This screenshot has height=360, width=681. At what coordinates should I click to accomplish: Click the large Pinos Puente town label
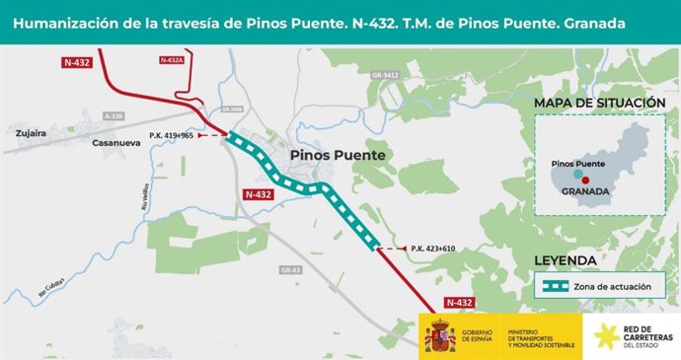tap(338, 156)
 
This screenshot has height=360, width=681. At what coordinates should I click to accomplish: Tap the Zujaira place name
tap(33, 129)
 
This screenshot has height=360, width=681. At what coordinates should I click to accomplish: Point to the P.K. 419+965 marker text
tap(172, 135)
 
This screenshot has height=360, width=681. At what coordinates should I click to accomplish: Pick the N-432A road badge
tap(172, 60)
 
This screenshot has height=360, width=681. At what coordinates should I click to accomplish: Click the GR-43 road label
tap(290, 269)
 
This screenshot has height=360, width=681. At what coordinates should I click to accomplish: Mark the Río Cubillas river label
tap(51, 285)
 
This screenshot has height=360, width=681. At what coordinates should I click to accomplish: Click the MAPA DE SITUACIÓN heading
tap(599, 104)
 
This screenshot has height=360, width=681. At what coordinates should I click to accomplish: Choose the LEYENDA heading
tap(564, 261)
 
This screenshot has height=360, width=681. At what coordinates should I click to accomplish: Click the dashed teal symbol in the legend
tap(561, 286)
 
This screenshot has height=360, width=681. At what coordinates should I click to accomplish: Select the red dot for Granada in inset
tap(585, 180)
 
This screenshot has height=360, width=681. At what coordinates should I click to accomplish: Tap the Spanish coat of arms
tap(439, 335)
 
